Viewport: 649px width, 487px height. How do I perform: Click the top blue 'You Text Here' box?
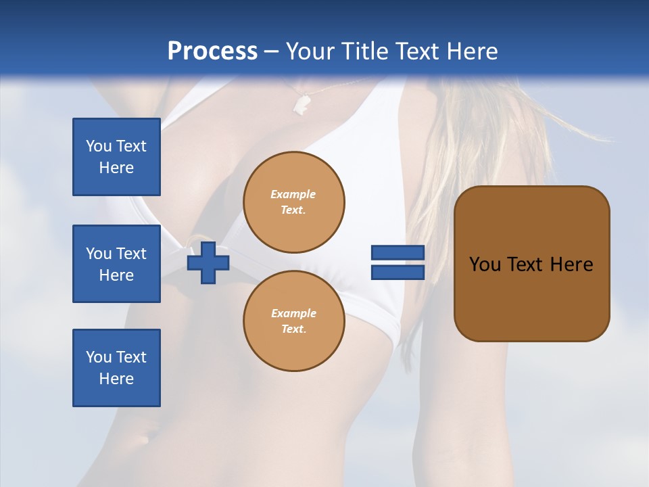point(116,157)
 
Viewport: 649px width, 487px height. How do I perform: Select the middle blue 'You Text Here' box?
point(116,264)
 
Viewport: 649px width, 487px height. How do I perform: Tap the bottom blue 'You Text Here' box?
point(116,368)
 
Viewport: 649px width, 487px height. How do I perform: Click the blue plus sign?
point(208,262)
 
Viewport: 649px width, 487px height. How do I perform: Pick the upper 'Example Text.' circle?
point(293,202)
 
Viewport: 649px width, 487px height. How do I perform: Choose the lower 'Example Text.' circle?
point(293,321)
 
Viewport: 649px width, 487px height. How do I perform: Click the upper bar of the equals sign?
point(398,253)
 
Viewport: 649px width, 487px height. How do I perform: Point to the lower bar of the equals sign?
point(398,273)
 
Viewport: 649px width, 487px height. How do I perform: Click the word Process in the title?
point(212,51)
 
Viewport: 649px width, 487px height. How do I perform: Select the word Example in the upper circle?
point(293,194)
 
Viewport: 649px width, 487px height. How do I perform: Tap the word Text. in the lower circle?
point(293,329)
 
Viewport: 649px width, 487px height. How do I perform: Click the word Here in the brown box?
point(571,264)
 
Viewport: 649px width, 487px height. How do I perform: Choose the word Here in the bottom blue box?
point(116,379)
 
